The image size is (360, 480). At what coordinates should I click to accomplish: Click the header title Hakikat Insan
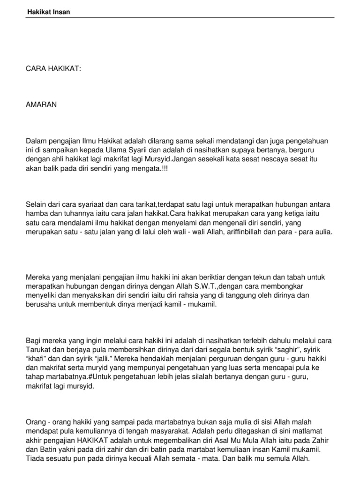click(x=48, y=12)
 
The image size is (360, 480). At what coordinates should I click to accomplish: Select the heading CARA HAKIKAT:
click(x=53, y=69)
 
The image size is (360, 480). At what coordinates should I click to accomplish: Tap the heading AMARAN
click(x=41, y=105)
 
